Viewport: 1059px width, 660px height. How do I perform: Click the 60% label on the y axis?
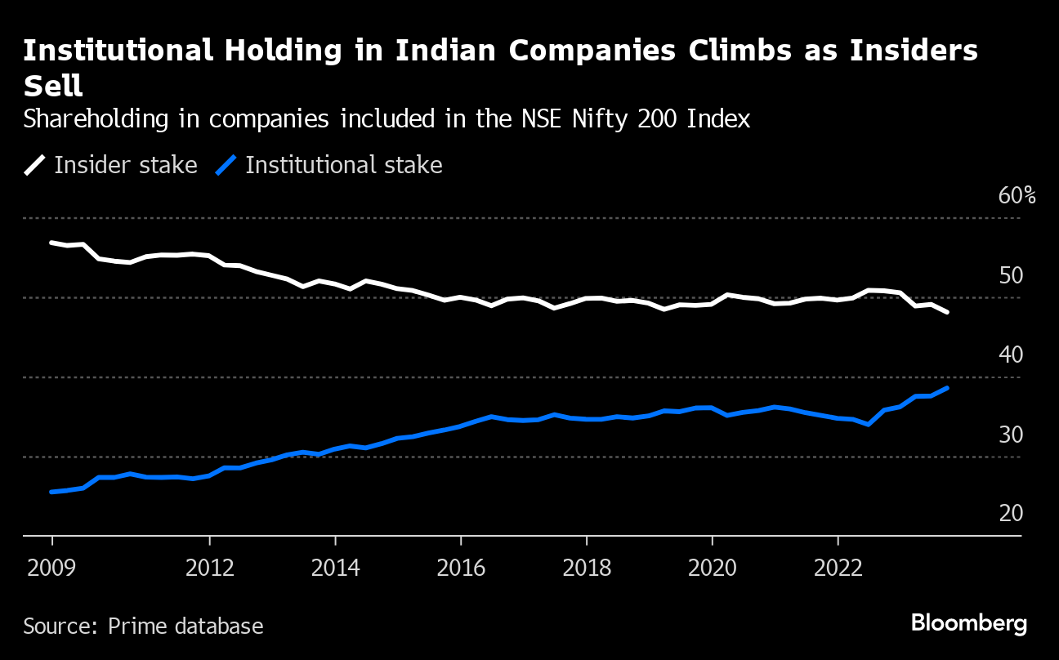click(x=1017, y=196)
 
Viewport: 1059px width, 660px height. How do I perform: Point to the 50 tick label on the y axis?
click(x=1011, y=275)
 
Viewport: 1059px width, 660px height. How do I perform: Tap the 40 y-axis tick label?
click(x=1011, y=355)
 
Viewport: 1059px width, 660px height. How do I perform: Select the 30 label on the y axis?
click(x=1011, y=434)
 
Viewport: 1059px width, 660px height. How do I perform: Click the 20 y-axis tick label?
click(x=1011, y=513)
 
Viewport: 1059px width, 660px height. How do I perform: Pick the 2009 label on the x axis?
click(x=52, y=568)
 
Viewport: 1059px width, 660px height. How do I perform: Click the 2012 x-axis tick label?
click(x=210, y=568)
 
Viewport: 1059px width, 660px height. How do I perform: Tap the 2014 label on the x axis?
click(x=335, y=568)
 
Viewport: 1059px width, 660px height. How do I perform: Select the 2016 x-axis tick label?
click(x=461, y=568)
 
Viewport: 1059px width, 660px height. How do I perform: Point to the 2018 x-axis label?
click(x=587, y=568)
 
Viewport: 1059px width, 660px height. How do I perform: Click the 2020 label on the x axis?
click(x=712, y=568)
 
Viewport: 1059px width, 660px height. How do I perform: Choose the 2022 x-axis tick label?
click(x=838, y=568)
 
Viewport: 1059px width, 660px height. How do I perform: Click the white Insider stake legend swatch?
click(x=35, y=166)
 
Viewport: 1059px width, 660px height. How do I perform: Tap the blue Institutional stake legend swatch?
click(x=226, y=166)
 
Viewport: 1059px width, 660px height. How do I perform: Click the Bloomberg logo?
click(x=969, y=623)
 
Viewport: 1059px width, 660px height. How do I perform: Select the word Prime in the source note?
click(x=136, y=627)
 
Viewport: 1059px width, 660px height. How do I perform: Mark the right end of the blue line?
click(x=947, y=388)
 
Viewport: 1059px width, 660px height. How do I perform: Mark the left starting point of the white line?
click(x=51, y=243)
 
